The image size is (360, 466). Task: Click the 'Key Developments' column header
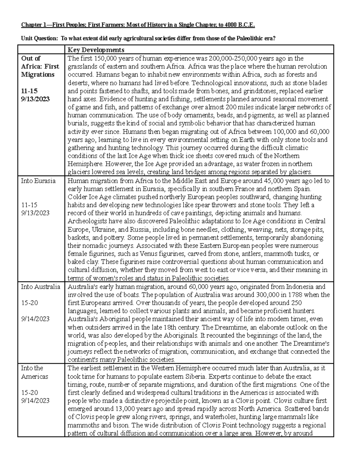[x=96, y=50]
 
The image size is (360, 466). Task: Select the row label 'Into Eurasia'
[x=38, y=181]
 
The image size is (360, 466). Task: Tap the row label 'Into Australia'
[x=40, y=287]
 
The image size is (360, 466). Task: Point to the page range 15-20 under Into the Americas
[x=29, y=392]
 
